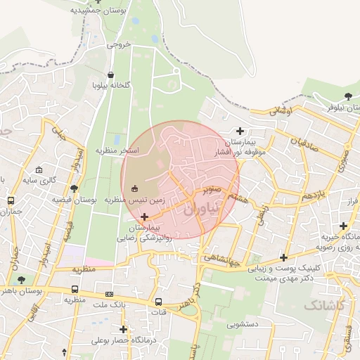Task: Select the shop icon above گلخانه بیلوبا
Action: click(x=110, y=75)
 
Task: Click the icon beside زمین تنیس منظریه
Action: click(x=135, y=187)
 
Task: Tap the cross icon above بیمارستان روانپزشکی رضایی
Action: click(x=145, y=217)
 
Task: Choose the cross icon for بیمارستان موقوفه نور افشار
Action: click(x=240, y=130)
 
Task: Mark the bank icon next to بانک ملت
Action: click(x=109, y=294)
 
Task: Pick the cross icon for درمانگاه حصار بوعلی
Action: click(x=124, y=329)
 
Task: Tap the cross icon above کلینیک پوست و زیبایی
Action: click(x=283, y=257)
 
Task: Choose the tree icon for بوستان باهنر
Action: click(x=20, y=279)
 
